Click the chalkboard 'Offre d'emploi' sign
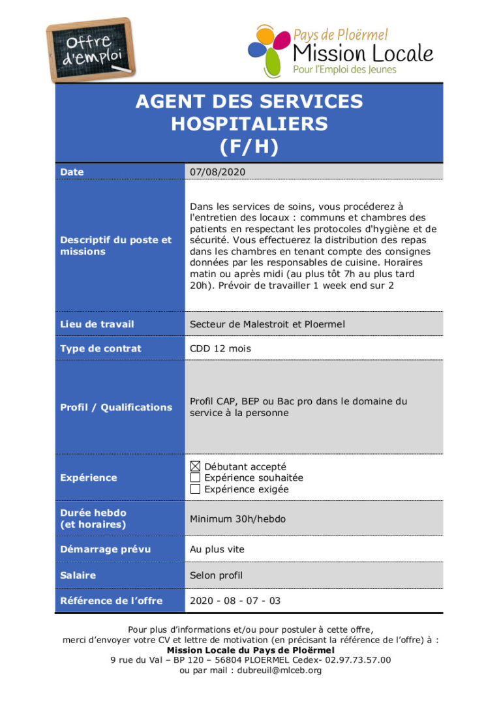click(91, 50)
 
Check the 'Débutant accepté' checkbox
click(195, 466)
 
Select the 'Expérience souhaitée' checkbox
click(195, 478)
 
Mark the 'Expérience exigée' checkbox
click(195, 489)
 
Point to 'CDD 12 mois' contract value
click(220, 349)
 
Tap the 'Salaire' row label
click(78, 575)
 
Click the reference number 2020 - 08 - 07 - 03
click(235, 601)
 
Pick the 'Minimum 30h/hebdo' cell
click(237, 519)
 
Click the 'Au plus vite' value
click(217, 549)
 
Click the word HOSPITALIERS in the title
click(249, 123)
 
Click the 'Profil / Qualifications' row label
click(116, 407)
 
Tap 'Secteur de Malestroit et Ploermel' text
click(267, 324)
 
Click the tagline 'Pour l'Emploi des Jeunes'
click(344, 69)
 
